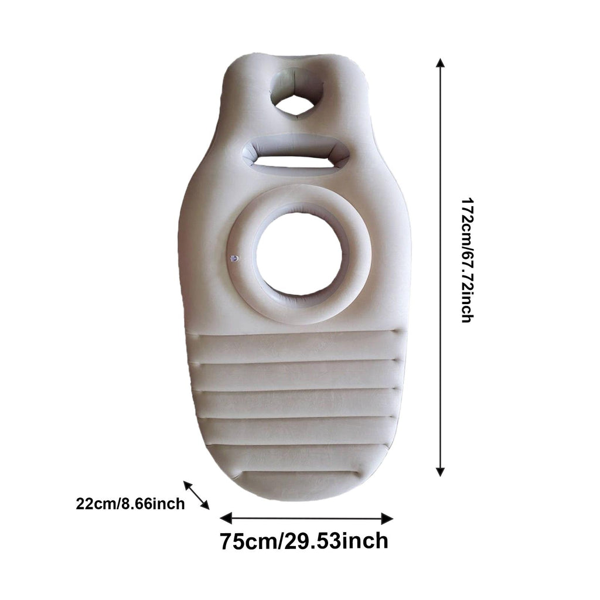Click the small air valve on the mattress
tap(234, 259)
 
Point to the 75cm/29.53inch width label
tap(304, 541)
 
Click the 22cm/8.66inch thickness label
tap(130, 503)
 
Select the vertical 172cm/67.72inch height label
tap(467, 260)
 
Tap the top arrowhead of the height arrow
tap(441, 63)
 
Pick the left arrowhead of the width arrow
tap(226, 519)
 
